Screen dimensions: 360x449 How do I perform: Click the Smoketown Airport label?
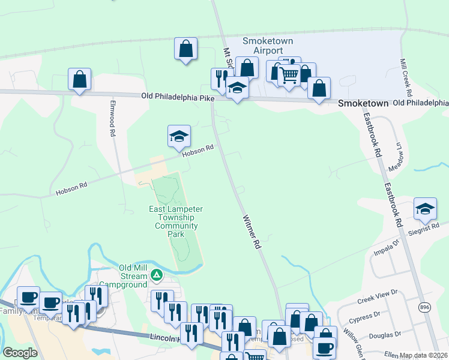click(x=264, y=46)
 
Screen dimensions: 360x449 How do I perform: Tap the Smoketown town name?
click(x=363, y=103)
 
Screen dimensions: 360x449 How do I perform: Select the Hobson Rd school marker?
click(x=179, y=137)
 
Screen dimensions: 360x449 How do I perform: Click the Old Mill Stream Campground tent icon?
click(x=157, y=275)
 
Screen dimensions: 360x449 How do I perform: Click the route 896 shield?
click(x=424, y=307)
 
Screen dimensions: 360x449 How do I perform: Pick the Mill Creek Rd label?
click(x=407, y=79)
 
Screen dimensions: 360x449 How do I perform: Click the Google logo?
click(x=20, y=353)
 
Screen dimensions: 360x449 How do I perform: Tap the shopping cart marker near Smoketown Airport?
click(x=289, y=76)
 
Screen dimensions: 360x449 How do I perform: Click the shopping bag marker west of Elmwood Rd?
click(x=79, y=80)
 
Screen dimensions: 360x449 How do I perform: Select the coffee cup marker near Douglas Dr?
click(x=325, y=348)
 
